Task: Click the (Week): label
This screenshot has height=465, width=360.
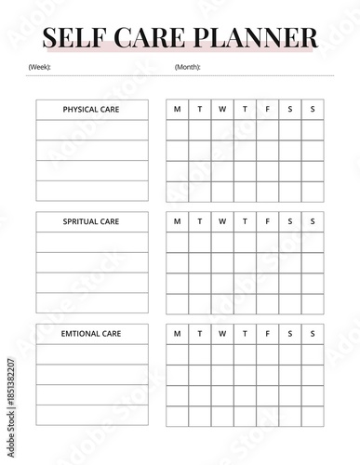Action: point(40,67)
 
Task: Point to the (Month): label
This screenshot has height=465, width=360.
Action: point(187,67)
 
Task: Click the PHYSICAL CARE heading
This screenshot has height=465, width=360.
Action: point(91,110)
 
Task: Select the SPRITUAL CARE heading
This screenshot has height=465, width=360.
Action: point(91,221)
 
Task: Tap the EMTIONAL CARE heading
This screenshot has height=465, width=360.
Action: point(91,333)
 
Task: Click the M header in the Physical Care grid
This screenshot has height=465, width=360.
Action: point(178,110)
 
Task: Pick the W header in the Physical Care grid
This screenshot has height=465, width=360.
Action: point(222,110)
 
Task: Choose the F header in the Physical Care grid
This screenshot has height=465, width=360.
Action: point(268,110)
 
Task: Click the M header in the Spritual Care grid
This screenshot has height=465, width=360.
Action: point(178,221)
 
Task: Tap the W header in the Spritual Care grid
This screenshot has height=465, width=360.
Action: point(222,221)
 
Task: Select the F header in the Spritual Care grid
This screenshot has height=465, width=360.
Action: point(268,221)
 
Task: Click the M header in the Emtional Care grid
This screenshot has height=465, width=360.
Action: point(178,333)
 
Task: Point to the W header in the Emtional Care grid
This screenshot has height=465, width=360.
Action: point(222,333)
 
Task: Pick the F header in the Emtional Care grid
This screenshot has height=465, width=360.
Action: point(268,333)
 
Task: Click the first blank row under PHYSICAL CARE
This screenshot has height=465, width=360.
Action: point(91,130)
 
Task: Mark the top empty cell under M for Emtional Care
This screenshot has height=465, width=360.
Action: point(178,353)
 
